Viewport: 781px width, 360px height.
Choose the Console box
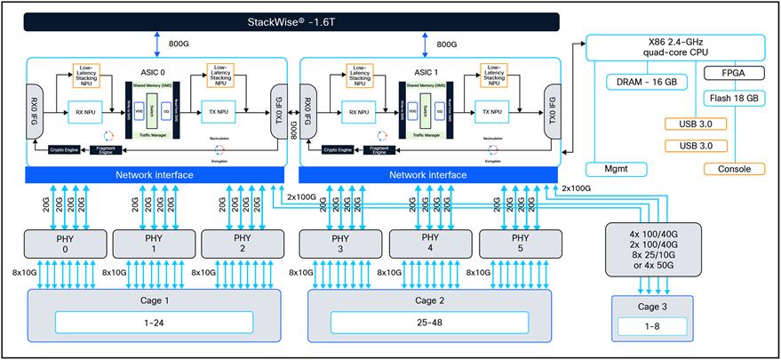click(734, 169)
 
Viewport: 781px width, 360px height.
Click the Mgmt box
click(616, 168)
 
